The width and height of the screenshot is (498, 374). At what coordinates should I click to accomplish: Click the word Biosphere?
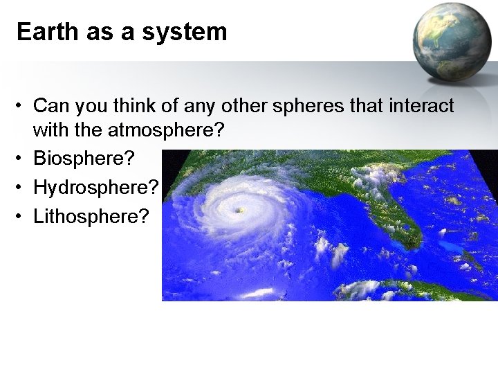(82, 159)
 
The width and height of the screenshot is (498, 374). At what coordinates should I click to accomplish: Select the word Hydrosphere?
(96, 188)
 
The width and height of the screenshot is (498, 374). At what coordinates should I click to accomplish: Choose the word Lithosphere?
(91, 216)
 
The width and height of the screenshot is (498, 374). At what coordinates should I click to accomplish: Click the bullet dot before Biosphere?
(23, 159)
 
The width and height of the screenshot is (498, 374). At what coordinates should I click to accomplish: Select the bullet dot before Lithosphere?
(23, 216)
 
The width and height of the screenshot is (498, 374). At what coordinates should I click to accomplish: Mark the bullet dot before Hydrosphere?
(23, 188)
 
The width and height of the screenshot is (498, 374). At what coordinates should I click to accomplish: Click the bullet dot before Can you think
(23, 106)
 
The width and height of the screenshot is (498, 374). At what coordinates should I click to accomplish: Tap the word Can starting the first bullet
(48, 106)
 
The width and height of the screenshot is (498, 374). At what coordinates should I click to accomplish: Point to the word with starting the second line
(49, 130)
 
